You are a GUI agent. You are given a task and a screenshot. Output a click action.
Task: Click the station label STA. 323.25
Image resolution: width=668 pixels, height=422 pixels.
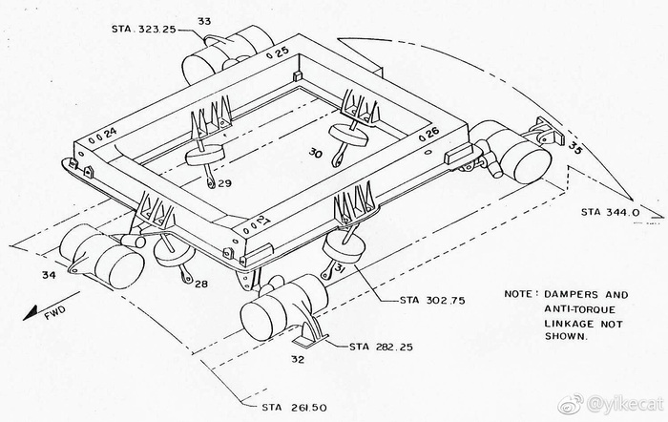[x=143, y=30]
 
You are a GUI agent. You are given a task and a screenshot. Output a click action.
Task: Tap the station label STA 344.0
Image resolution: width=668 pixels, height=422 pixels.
[x=610, y=212]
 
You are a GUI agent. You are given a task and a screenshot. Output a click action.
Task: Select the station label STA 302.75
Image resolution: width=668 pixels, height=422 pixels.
[x=432, y=300]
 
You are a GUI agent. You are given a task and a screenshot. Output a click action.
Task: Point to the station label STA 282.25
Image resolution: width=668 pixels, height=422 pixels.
[x=382, y=347]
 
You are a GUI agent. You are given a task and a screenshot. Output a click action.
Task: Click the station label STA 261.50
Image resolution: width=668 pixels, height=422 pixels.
[x=294, y=408]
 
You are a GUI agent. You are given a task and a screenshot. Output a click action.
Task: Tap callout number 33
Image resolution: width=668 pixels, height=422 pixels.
[x=204, y=21]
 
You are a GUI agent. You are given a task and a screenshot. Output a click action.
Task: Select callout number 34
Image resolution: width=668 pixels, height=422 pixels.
[x=49, y=275]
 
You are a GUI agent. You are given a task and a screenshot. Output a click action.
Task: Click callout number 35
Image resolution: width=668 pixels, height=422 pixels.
[x=574, y=147]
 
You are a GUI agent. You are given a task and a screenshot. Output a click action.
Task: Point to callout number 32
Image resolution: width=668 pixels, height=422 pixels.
[x=298, y=359]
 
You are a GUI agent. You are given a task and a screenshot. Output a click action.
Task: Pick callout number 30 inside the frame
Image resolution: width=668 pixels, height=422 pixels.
[x=316, y=152]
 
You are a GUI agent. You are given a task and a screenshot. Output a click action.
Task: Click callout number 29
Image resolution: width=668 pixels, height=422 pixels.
[x=225, y=183]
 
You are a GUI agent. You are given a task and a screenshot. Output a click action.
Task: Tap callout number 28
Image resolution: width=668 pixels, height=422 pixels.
[x=201, y=283]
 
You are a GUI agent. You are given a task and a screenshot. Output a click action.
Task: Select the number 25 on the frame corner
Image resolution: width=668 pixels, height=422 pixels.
[x=282, y=52]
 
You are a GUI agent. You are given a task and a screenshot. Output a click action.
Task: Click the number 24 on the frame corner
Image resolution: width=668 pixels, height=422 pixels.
[x=110, y=133]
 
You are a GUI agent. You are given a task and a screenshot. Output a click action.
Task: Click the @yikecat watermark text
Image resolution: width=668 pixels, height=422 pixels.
[x=625, y=404]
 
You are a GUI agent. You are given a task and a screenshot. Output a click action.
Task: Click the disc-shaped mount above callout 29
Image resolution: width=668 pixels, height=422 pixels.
[x=204, y=156]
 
